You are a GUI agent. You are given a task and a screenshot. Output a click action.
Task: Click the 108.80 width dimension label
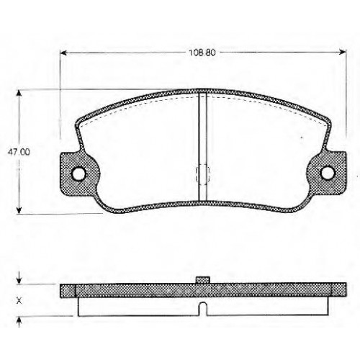click(x=202, y=53)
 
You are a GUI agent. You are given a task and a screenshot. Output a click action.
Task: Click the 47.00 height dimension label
click(x=19, y=152)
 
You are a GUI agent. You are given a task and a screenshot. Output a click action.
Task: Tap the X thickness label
click(x=19, y=300)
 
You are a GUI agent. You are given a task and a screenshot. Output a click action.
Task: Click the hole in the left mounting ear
click(x=78, y=174)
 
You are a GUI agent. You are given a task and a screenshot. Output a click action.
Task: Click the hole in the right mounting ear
click(x=328, y=173)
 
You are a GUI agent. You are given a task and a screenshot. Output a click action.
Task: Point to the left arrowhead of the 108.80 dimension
click(x=63, y=53)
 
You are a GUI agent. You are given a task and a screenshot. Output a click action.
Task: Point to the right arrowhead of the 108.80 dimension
click(x=343, y=52)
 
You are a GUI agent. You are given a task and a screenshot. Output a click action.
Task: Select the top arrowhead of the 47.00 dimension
click(x=19, y=93)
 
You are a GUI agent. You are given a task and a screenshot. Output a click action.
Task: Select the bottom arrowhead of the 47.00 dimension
click(x=19, y=210)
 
